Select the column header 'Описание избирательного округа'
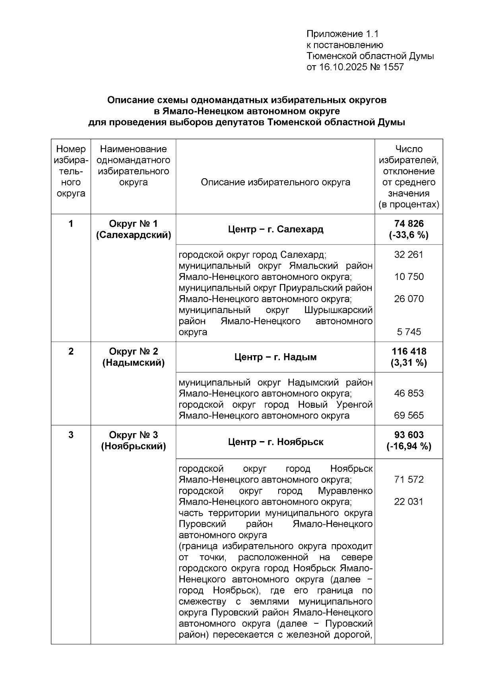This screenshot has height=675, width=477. (x=275, y=182)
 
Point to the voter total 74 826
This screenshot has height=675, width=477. (x=409, y=224)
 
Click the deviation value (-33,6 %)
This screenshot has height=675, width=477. (x=409, y=235)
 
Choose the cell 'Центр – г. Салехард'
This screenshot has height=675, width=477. (x=275, y=230)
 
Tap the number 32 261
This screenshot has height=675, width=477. (x=409, y=255)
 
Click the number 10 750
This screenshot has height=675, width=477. (x=409, y=277)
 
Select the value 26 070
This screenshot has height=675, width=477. (x=409, y=299)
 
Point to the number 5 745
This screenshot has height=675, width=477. (x=409, y=332)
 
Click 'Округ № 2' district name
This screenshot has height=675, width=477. (x=133, y=351)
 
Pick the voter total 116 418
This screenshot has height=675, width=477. (x=409, y=351)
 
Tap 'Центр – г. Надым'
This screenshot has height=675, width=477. (x=275, y=357)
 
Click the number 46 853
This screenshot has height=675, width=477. (x=409, y=393)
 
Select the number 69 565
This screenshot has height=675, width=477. (x=409, y=415)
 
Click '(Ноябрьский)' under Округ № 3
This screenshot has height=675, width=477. (x=133, y=446)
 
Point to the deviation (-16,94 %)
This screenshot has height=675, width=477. (x=409, y=446)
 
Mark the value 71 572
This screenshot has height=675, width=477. (x=409, y=480)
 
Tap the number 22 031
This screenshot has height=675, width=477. (x=409, y=502)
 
